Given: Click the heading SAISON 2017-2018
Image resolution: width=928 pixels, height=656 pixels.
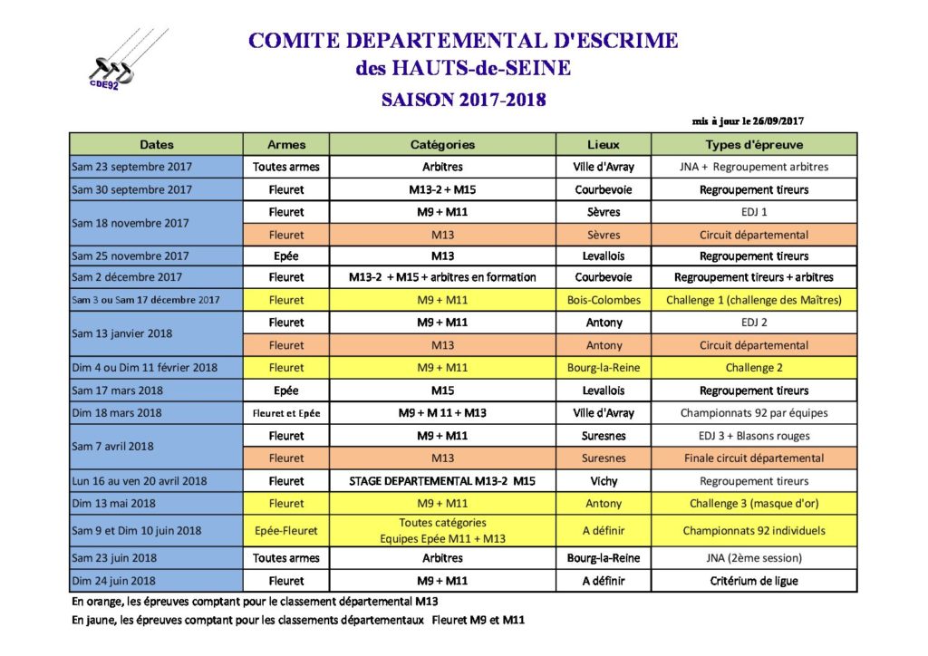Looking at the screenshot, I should pos(464,100).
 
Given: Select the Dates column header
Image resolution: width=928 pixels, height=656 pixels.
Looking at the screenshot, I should pos(157,144).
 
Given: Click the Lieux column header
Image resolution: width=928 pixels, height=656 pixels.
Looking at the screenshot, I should pos(604,144).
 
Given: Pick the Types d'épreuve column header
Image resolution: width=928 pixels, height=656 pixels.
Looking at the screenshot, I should pos(754,144).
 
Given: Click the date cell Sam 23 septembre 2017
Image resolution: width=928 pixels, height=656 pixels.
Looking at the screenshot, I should pos(132,167).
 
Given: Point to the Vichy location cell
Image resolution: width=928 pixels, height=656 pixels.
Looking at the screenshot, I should pos(604,481).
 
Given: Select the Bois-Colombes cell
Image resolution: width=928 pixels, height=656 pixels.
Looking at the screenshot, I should pos(604,300).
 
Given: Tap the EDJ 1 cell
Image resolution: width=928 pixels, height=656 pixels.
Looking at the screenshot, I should pos(754,212).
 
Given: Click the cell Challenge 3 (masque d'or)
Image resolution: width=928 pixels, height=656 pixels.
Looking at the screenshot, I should pos(754,504).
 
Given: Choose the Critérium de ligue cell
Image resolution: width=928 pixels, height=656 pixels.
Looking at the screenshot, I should pos(754,581).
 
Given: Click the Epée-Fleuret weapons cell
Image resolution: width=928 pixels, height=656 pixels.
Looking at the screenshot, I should pos(286,531).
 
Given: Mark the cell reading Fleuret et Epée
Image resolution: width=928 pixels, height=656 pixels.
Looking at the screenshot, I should pos(286,413).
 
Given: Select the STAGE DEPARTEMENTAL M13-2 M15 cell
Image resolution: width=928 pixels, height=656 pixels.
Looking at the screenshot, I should pos(442,481).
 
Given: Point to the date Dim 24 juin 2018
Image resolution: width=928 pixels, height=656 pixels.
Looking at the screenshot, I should pos(114,581).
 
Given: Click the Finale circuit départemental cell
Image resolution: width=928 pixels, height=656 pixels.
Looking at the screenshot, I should pos(754,458).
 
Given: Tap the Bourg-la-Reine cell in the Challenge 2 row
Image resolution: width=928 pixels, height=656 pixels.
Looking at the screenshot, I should pos(604,368).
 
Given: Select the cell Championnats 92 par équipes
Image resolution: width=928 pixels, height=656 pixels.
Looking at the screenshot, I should pos(754,413).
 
